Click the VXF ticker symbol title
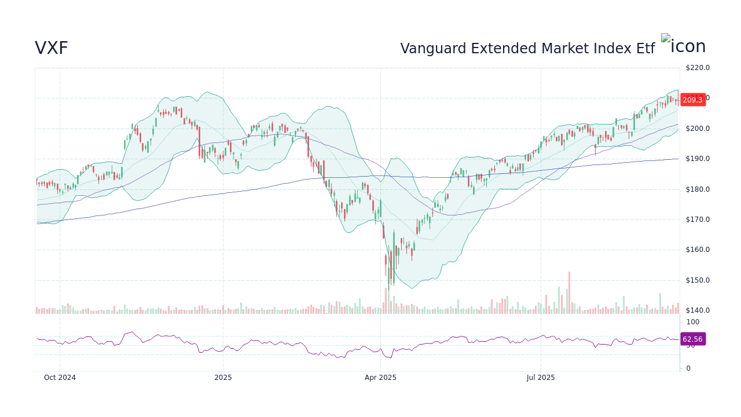pos(52,49)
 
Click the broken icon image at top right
pos(683,46)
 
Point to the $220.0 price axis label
pos(697,68)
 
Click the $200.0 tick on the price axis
pos(697,129)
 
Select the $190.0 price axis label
pos(697,159)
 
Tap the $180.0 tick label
pos(697,189)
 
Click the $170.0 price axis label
pos(697,220)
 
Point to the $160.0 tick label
pos(697,250)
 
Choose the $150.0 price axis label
pos(697,280)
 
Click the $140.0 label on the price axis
pos(697,310)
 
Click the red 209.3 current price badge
pos(692,100)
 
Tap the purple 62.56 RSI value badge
pos(692,339)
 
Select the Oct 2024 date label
pos(60,378)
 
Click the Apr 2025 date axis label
pos(380,378)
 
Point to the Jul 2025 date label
pos(541,378)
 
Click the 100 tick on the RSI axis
pos(693,322)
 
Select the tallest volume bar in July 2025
pos(569,292)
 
